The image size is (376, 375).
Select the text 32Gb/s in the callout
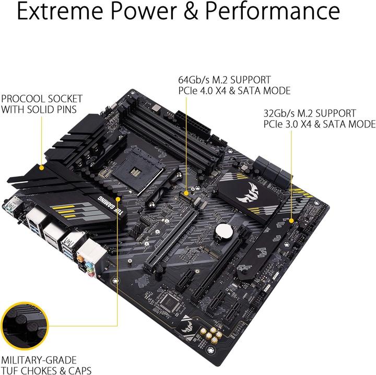tap(279, 113)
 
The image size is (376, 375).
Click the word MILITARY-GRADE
tap(39, 360)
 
